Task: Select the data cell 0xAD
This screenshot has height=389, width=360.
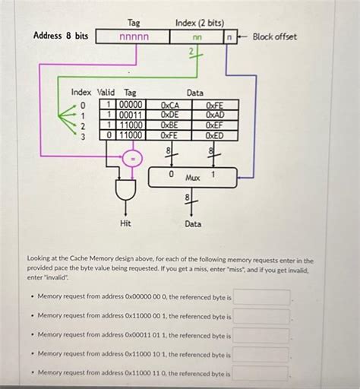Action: (215, 115)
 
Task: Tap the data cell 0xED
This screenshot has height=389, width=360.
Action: (215, 135)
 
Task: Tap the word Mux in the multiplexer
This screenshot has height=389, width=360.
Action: (193, 177)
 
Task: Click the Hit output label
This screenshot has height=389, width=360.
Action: (125, 223)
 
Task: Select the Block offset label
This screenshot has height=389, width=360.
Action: (274, 36)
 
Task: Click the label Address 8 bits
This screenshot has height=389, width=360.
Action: (61, 36)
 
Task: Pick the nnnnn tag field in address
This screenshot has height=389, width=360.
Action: (134, 36)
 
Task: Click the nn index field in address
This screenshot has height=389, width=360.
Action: (197, 36)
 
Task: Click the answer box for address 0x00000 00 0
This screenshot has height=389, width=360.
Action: (261, 296)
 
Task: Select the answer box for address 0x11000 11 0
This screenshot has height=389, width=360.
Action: (261, 373)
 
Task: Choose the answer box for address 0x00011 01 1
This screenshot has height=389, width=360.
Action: (261, 335)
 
